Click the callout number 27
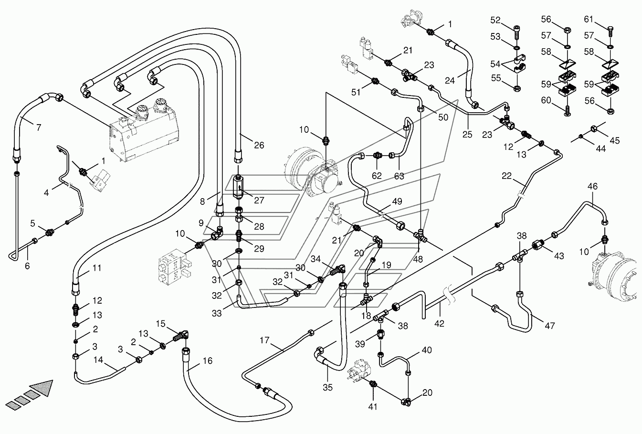point(259,200)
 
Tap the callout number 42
point(439,323)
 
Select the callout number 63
point(399,176)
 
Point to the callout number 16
point(207,360)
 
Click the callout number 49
point(397,201)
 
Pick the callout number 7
point(39,127)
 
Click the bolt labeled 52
point(517,32)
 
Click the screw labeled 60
point(568,111)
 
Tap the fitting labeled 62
point(378,156)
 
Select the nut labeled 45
point(594,129)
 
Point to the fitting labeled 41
point(373,383)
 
